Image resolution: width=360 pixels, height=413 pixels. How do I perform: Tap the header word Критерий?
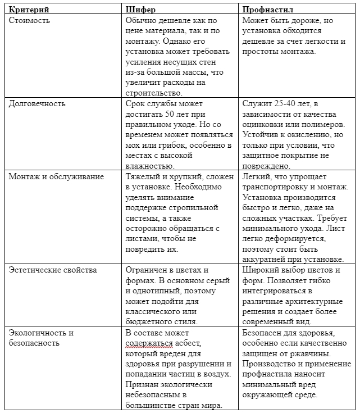click(x=29, y=10)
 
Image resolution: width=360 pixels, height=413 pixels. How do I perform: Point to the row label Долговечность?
click(x=37, y=103)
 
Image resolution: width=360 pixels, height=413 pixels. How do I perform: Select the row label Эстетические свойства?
click(x=53, y=270)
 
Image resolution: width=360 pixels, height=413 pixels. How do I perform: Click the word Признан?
click(x=143, y=384)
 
